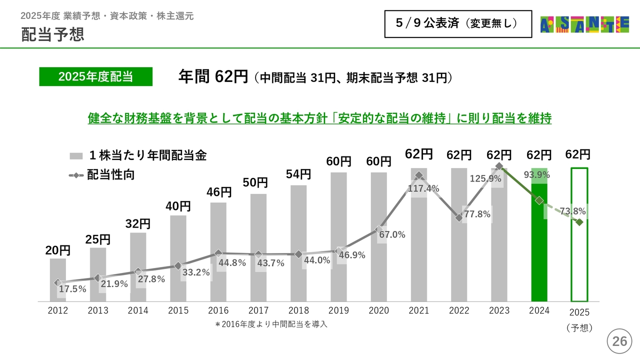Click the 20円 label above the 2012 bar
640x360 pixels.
coord(58,250)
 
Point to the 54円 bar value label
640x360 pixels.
coord(298,174)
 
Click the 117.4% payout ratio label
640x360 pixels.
coord(423,188)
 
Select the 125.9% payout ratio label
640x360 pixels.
coord(485,178)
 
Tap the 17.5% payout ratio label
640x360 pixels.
coord(72,289)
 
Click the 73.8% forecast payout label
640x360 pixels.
coord(572,211)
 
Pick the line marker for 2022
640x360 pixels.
coord(459,217)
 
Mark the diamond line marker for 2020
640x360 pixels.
coord(378,229)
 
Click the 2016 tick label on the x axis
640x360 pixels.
coord(218,311)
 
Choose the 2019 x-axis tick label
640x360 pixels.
coord(338,311)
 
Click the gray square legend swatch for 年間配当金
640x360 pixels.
coord(75,156)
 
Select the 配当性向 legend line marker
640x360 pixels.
coord(75,175)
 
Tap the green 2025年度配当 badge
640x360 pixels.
coord(95,76)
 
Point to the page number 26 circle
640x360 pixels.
coord(619,342)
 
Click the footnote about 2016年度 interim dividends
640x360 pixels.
coord(271,324)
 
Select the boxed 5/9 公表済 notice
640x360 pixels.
coord(457,23)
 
